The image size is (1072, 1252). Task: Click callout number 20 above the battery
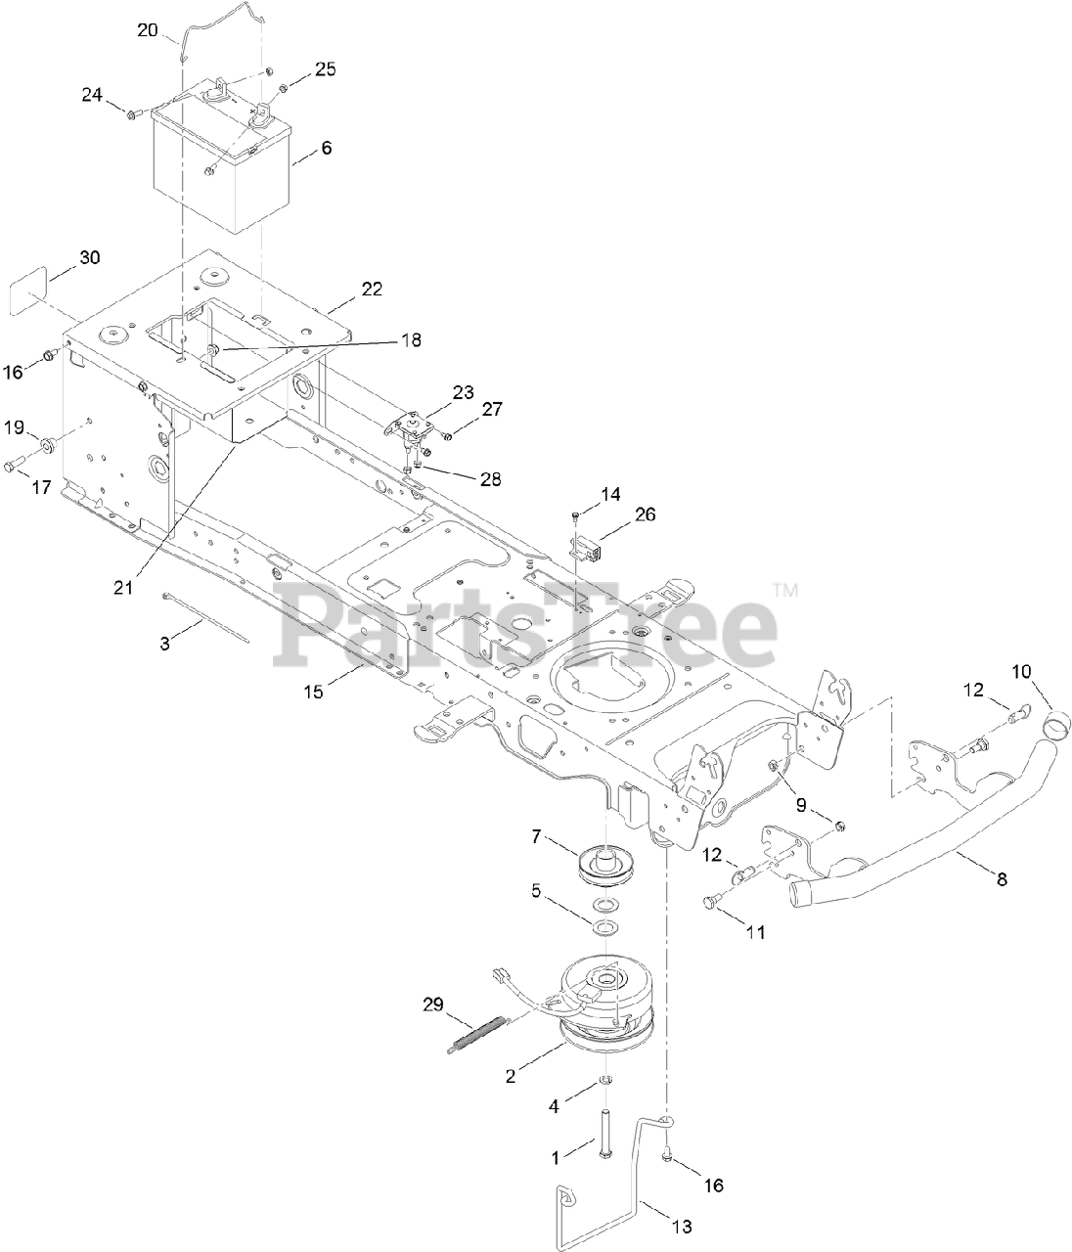[147, 30]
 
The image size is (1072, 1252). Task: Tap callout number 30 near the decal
[89, 258]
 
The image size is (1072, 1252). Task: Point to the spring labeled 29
[479, 1035]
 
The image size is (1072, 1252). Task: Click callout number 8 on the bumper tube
[1000, 878]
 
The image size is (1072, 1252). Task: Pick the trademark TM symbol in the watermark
[785, 590]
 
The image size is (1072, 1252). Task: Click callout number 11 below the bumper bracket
[755, 932]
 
